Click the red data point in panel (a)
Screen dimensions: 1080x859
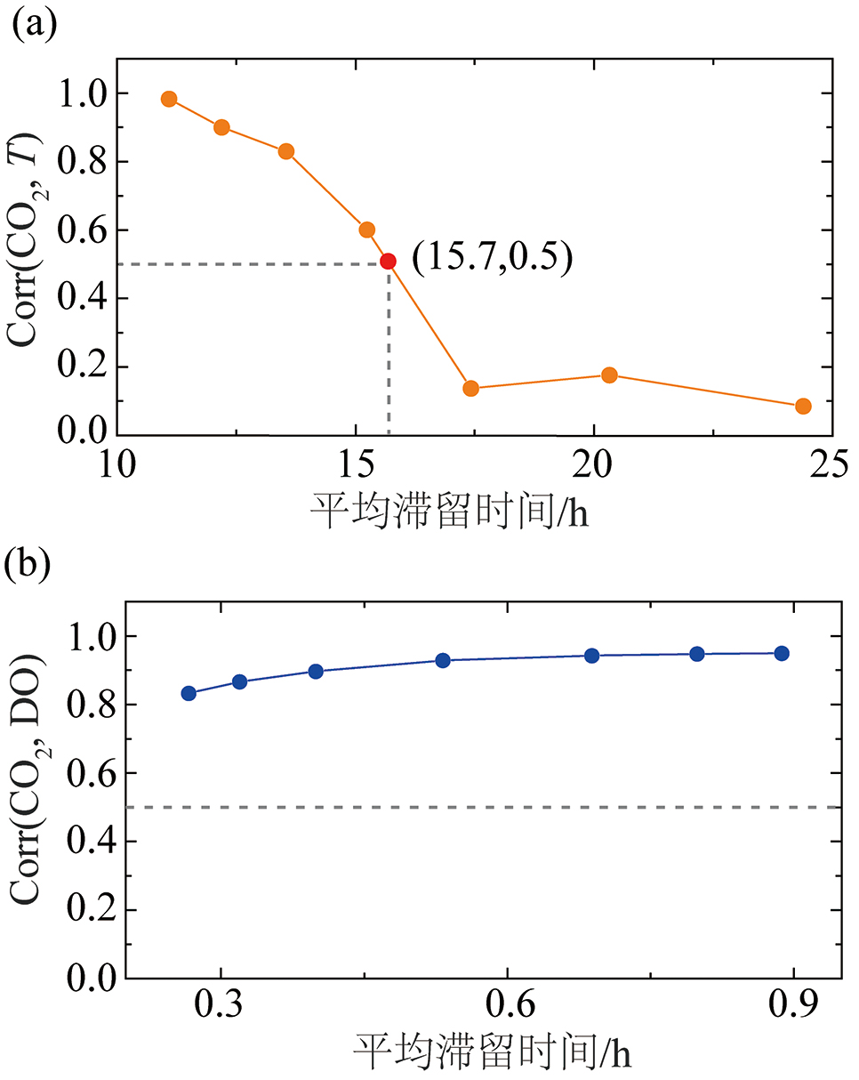pos(388,261)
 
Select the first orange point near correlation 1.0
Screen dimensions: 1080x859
pos(169,99)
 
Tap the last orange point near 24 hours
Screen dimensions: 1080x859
pos(803,407)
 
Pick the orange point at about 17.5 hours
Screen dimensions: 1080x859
pos(471,388)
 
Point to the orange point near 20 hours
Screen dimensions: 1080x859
pos(609,375)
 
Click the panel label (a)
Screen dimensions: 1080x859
pos(33,21)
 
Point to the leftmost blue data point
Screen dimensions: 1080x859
pos(189,693)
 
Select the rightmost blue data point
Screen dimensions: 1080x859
pos(782,653)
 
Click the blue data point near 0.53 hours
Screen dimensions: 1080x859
pos(443,660)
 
